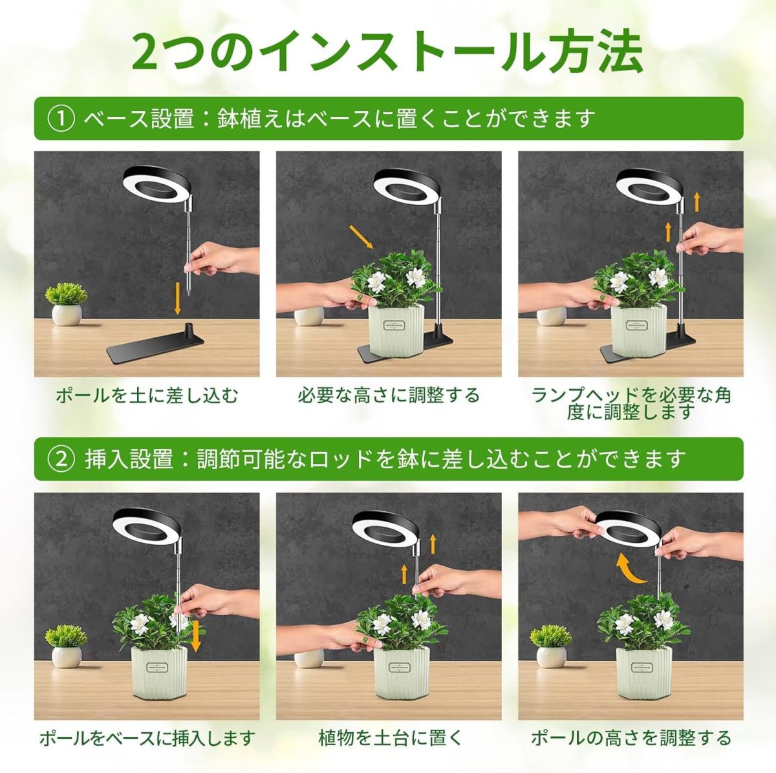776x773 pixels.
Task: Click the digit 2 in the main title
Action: click(147, 53)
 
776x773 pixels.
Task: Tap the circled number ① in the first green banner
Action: click(61, 119)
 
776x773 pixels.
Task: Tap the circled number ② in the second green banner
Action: click(61, 460)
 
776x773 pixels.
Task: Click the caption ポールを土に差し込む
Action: click(147, 396)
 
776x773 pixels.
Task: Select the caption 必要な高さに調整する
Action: click(389, 396)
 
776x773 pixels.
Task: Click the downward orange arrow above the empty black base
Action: click(177, 299)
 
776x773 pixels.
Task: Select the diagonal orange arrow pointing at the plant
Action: click(361, 237)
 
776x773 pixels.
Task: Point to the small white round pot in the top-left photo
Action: click(67, 315)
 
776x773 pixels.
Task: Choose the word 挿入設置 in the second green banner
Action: click(129, 460)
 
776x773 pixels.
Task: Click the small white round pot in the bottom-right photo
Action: click(551, 657)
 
